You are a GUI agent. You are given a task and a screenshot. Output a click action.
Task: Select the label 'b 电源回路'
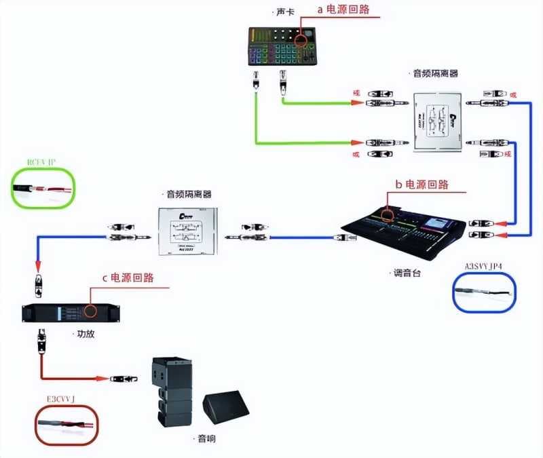pos(422,184)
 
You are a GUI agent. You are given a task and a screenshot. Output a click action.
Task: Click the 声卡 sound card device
pos(282,46)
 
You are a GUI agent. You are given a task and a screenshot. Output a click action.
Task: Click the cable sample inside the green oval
pos(45,189)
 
